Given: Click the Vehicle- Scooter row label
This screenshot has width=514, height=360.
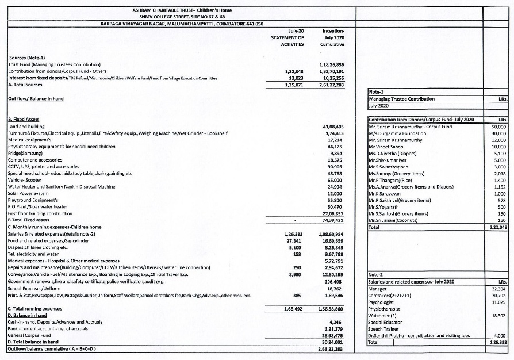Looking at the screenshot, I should [x=24, y=180].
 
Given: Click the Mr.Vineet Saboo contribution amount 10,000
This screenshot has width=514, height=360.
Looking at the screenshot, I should [x=498, y=147].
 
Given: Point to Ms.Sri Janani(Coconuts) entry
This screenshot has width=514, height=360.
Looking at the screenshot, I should [x=394, y=220].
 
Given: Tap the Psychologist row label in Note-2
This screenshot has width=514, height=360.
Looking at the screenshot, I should [x=382, y=302].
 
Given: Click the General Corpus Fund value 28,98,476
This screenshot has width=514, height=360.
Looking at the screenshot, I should [x=332, y=335].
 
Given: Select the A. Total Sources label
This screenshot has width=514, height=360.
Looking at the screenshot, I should [x=26, y=84].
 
